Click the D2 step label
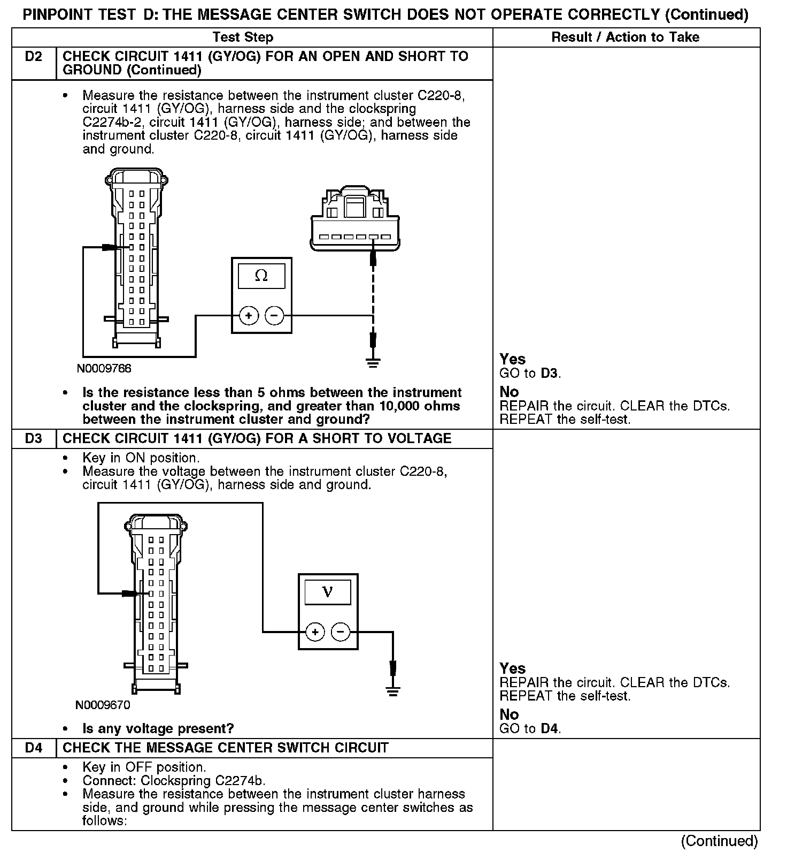(x=33, y=57)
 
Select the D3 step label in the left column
(x=33, y=439)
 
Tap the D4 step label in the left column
(x=33, y=748)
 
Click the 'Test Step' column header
(x=243, y=37)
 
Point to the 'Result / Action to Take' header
(x=625, y=37)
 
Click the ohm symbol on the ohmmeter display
(x=261, y=276)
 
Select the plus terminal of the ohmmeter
(x=249, y=316)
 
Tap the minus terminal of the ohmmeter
(x=274, y=316)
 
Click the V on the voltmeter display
(x=328, y=592)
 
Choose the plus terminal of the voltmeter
(x=315, y=632)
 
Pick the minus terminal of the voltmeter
(x=341, y=632)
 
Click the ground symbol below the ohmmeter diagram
(x=373, y=363)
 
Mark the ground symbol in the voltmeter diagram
(x=393, y=691)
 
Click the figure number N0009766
(x=104, y=369)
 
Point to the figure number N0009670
(x=103, y=705)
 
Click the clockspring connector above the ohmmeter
(x=355, y=219)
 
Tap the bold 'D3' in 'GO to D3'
(x=550, y=374)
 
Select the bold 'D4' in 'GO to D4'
(x=550, y=729)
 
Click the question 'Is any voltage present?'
(x=158, y=729)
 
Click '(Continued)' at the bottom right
(x=719, y=841)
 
